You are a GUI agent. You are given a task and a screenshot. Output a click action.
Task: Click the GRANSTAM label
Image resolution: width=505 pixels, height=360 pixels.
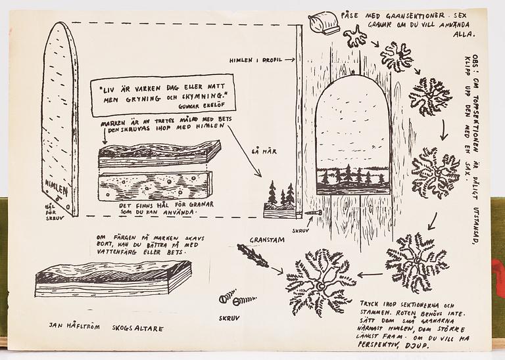pyautogui.click(x=267, y=240)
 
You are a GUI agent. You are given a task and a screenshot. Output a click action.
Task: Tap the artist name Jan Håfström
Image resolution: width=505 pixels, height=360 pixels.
pyautogui.click(x=74, y=325)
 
